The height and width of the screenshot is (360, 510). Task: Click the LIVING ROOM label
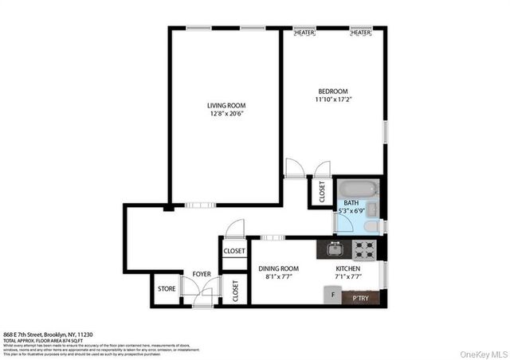pyautogui.click(x=226, y=105)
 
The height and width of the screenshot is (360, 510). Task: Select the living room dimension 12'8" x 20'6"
pyautogui.click(x=226, y=114)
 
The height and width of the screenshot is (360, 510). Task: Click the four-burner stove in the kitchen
pyautogui.click(x=366, y=249)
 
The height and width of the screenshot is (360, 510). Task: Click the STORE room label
pyautogui.click(x=166, y=289)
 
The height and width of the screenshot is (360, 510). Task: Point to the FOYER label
pyautogui.click(x=202, y=274)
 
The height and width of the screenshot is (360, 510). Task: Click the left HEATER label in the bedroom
pyautogui.click(x=304, y=33)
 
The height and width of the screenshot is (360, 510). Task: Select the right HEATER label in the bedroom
pyautogui.click(x=360, y=33)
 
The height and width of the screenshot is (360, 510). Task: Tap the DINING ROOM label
pyautogui.click(x=278, y=269)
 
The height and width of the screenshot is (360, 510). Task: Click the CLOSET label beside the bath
pyautogui.click(x=322, y=194)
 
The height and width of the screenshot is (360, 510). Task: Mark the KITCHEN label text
pyautogui.click(x=347, y=269)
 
